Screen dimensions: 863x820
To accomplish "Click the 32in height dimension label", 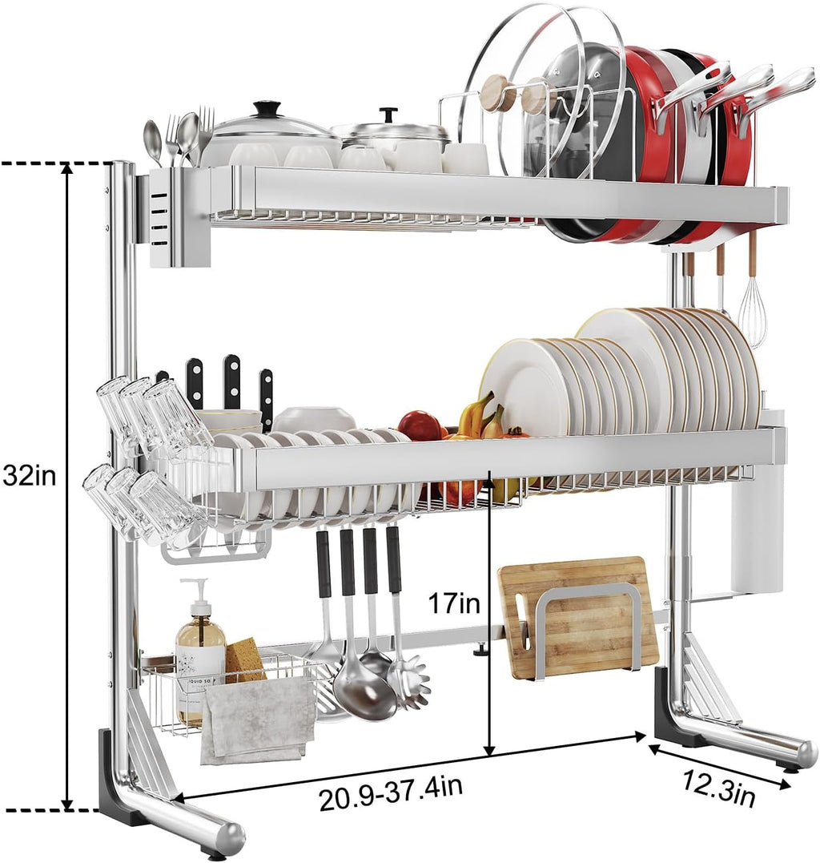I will pyautogui.click(x=30, y=476).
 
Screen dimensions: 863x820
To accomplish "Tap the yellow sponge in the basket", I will pyautogui.click(x=244, y=659).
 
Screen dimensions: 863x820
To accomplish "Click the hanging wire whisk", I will pyautogui.click(x=752, y=313).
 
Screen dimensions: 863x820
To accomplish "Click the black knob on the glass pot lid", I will pyautogui.click(x=267, y=108).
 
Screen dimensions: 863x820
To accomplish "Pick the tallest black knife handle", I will pyautogui.click(x=232, y=381).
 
